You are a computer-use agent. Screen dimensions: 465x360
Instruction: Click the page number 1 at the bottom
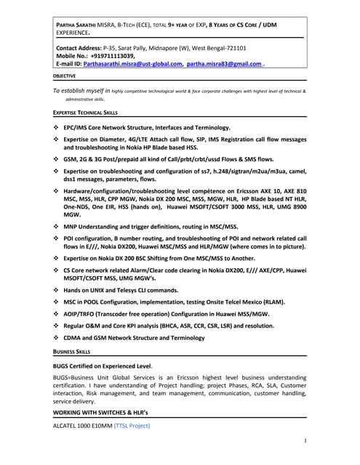[x=305, y=440]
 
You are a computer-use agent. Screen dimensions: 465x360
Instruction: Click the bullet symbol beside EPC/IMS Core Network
[x=57, y=127]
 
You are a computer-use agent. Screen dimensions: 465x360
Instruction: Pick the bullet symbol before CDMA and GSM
[x=57, y=338]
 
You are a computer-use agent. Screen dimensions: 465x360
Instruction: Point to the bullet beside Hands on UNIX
[x=57, y=289]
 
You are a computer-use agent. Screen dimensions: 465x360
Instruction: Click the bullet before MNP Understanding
[x=57, y=227]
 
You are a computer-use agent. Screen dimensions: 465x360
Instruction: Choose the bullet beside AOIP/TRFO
[x=57, y=314]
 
